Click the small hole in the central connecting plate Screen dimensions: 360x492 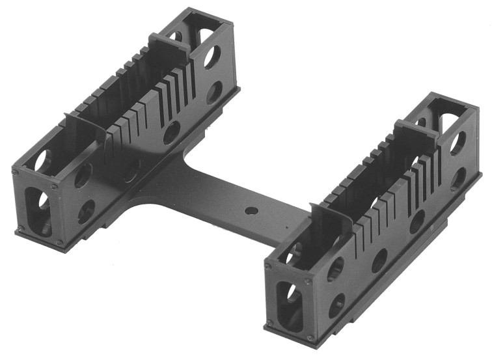[249, 212]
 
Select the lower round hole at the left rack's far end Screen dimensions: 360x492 [213, 92]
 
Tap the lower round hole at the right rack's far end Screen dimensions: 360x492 [458, 177]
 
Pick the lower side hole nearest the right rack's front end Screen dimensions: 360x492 [338, 304]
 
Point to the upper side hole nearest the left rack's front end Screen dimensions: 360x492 [83, 175]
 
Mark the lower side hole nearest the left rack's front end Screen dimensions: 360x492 [86, 210]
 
